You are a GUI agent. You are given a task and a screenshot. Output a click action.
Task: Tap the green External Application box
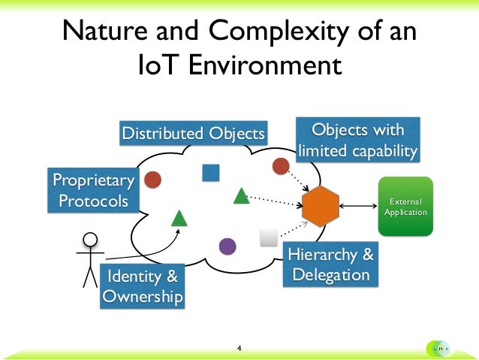(x=405, y=207)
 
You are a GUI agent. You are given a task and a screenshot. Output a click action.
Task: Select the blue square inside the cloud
(x=210, y=173)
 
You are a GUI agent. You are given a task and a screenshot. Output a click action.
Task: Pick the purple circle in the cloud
(x=227, y=246)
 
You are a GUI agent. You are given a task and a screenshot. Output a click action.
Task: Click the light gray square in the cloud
(x=268, y=237)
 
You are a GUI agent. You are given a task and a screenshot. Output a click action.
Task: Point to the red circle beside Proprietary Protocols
(x=152, y=179)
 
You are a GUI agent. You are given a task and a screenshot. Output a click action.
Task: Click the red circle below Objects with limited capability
(x=282, y=165)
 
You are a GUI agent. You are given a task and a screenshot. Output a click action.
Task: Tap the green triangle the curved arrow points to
(x=179, y=218)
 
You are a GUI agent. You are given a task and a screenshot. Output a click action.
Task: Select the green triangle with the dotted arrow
(x=241, y=196)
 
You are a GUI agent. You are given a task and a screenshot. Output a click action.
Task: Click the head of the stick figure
(x=90, y=241)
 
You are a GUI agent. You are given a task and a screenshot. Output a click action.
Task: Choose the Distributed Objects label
(x=194, y=134)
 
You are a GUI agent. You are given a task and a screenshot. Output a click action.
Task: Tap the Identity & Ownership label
(x=143, y=286)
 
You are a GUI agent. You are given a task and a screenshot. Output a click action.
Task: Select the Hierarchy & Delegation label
(x=331, y=265)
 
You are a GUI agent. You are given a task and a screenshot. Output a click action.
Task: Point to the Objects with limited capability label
(x=357, y=140)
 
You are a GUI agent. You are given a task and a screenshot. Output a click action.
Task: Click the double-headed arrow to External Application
(x=358, y=206)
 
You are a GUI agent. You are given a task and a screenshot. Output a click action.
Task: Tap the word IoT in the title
(x=158, y=65)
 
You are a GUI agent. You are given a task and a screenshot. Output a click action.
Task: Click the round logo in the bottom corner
(x=440, y=348)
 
